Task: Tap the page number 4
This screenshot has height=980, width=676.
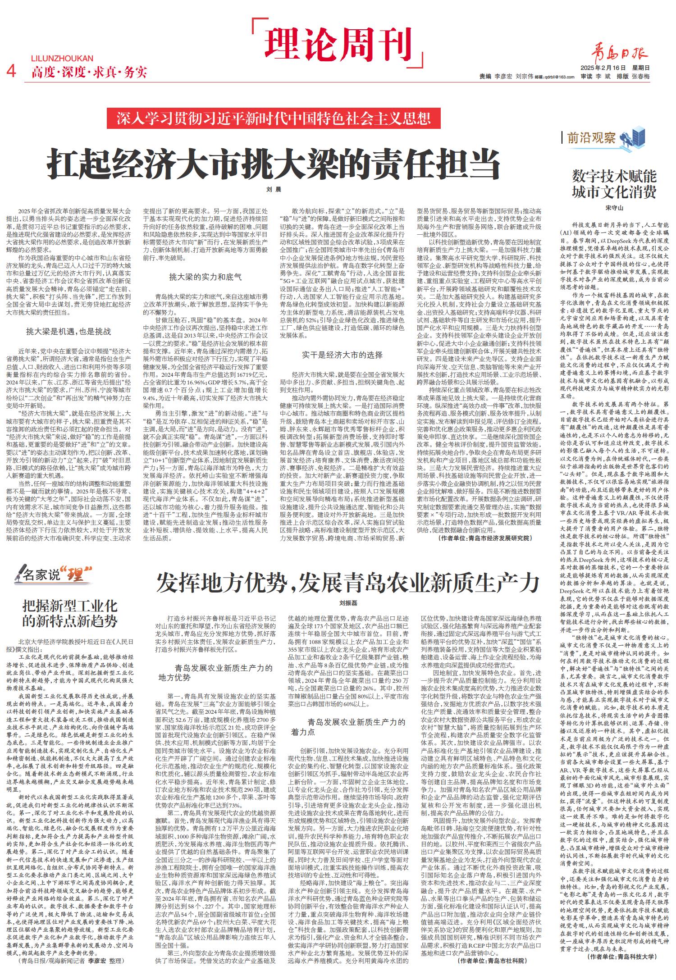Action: pyautogui.click(x=12, y=71)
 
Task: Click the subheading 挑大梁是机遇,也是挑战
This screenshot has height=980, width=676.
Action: pyautogui.click(x=69, y=332)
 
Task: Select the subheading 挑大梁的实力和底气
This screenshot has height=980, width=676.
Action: pyautogui.click(x=205, y=277)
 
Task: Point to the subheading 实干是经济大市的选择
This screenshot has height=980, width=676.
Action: pyautogui.click(x=342, y=355)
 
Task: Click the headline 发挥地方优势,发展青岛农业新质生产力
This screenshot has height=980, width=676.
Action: pyautogui.click(x=347, y=584)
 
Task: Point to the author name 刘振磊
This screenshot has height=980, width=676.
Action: pyautogui.click(x=348, y=603)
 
